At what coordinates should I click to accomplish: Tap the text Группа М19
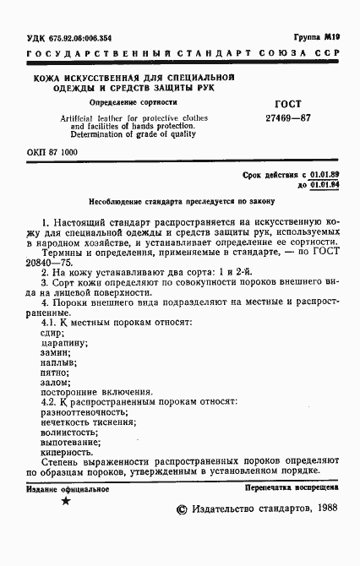pos(316,38)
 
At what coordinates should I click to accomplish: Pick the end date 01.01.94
pos(324,183)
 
